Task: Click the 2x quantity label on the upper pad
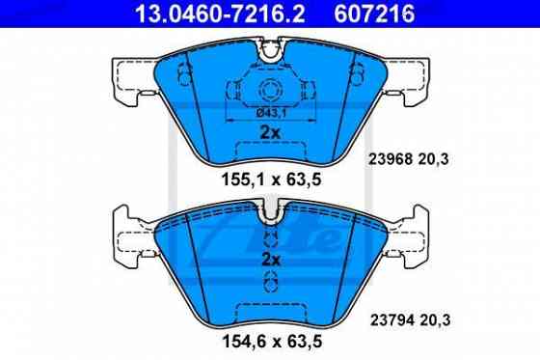(270, 132)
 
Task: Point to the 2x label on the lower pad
(270, 260)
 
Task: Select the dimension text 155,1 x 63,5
(270, 179)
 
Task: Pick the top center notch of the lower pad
(270, 210)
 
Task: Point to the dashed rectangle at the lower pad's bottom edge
(270, 310)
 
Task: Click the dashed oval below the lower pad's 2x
(270, 281)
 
